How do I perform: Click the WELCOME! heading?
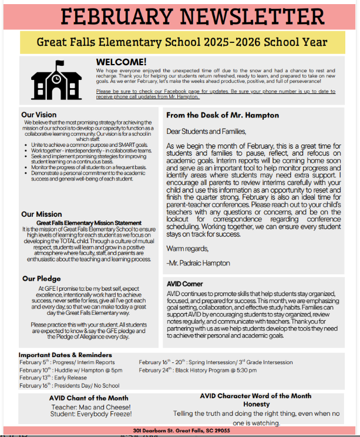122,62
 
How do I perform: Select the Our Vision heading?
39,115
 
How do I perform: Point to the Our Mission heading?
42,214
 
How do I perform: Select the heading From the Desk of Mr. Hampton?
223,115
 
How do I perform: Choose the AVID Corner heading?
185,284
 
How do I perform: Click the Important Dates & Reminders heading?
65,355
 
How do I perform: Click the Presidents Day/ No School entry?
69,385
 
